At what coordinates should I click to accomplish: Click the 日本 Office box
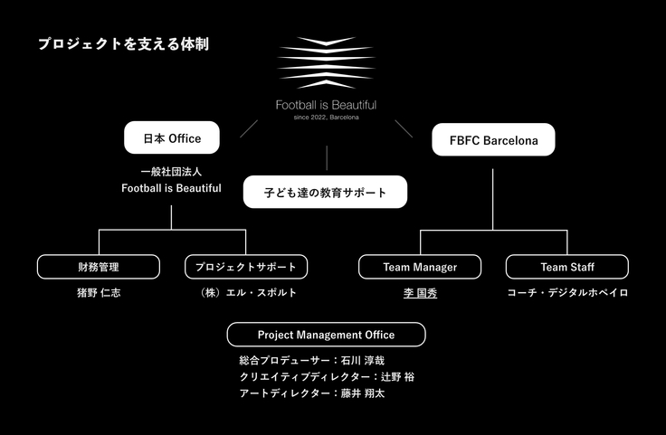pyautogui.click(x=172, y=138)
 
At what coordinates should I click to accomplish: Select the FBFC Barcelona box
pyautogui.click(x=493, y=141)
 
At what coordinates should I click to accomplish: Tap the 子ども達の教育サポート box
pyautogui.click(x=325, y=193)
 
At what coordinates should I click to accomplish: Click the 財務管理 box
pyautogui.click(x=99, y=267)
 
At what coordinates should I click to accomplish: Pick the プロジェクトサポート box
pyautogui.click(x=246, y=267)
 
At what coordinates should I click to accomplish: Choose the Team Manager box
pyautogui.click(x=420, y=267)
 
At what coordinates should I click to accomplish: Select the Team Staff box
pyautogui.click(x=567, y=267)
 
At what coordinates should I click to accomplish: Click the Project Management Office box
pyautogui.click(x=326, y=335)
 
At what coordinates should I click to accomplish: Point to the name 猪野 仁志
pyautogui.click(x=99, y=293)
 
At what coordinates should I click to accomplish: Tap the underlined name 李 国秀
pyautogui.click(x=420, y=293)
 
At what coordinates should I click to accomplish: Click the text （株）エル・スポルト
pyautogui.click(x=246, y=293)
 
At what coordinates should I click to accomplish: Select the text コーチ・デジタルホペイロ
pyautogui.click(x=567, y=293)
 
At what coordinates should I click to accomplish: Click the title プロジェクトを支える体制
pyautogui.click(x=123, y=43)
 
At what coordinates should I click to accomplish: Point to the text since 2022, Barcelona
pyautogui.click(x=326, y=118)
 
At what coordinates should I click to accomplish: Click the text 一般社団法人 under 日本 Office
pyautogui.click(x=172, y=172)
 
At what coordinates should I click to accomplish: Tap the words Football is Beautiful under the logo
pyautogui.click(x=326, y=105)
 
